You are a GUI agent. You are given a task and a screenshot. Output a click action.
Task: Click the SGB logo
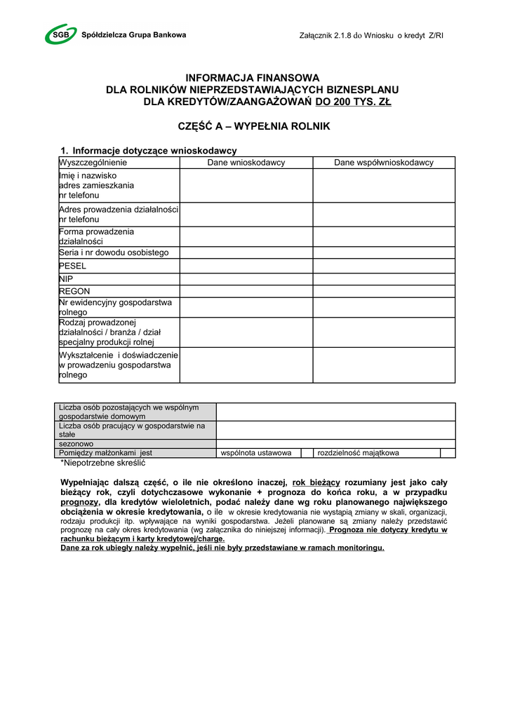click(62, 34)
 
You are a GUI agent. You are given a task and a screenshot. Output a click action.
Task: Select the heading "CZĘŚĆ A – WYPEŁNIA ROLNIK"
click(254, 127)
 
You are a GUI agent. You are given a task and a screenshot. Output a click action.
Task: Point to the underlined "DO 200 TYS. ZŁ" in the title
click(353, 102)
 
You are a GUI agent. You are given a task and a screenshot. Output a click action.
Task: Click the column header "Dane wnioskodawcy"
click(246, 163)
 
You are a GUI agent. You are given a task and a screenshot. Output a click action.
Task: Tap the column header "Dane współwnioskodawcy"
click(383, 163)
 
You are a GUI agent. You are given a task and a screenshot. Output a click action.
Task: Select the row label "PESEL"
click(72, 266)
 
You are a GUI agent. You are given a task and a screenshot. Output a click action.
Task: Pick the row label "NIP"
click(66, 279)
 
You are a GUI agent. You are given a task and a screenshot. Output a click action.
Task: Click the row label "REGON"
click(74, 291)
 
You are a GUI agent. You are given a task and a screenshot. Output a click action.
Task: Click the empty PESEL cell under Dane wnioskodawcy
click(246, 266)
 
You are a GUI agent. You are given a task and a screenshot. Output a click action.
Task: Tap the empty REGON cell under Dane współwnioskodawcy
click(383, 291)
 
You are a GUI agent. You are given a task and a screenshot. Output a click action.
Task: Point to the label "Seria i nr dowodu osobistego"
click(114, 252)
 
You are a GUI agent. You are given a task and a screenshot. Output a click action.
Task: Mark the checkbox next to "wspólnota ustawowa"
click(307, 453)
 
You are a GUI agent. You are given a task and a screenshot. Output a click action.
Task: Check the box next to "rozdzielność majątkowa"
click(448, 453)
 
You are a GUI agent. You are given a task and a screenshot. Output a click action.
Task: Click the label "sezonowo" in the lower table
click(76, 444)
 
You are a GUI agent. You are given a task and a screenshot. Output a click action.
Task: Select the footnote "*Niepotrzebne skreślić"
click(102, 463)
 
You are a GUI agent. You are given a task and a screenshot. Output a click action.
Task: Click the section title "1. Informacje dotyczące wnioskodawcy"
click(149, 151)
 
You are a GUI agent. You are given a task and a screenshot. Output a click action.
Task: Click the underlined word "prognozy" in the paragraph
click(79, 502)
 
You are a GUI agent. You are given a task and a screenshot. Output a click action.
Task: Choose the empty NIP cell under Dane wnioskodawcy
click(246, 279)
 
